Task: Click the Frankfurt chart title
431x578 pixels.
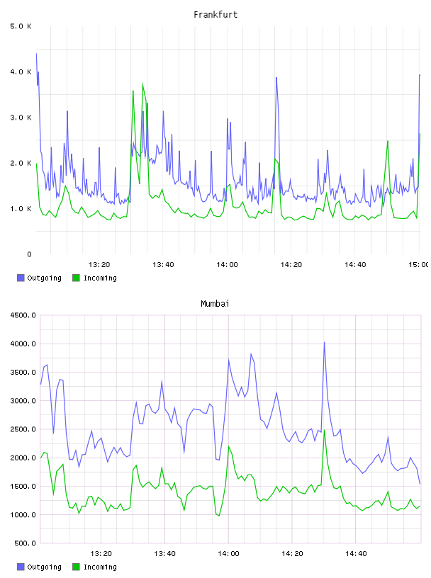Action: (x=216, y=15)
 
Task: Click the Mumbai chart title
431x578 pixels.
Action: (x=215, y=304)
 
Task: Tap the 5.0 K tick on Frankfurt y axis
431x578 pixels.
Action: (x=21, y=26)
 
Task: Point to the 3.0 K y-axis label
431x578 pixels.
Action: (x=21, y=118)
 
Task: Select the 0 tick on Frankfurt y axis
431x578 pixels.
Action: (x=29, y=254)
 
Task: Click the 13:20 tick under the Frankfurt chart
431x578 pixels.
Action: (x=99, y=265)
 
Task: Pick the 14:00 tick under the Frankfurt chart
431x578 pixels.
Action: (x=227, y=265)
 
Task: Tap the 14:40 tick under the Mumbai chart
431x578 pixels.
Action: (x=356, y=554)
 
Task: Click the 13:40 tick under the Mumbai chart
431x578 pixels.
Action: (x=164, y=554)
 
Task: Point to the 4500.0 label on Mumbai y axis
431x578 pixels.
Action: (x=23, y=315)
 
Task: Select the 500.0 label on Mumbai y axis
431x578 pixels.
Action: (x=25, y=543)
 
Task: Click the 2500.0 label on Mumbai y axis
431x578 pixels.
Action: (x=23, y=429)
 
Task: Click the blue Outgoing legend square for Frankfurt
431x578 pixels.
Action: (x=21, y=278)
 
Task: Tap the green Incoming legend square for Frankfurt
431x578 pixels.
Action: (x=76, y=278)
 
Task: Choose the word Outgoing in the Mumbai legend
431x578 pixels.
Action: (x=44, y=567)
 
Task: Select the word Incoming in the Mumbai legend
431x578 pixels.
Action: (x=100, y=567)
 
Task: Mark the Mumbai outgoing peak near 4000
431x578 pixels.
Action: (x=325, y=342)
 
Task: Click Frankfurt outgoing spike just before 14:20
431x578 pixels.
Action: (x=276, y=78)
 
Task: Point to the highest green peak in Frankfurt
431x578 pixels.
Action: (x=142, y=84)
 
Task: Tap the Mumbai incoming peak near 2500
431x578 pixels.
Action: (x=325, y=430)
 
